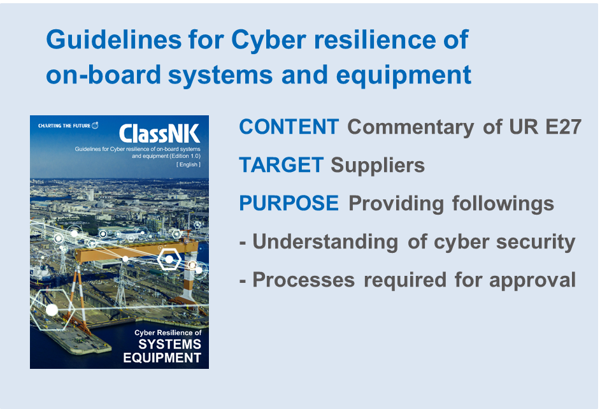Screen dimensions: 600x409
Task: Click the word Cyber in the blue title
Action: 269,40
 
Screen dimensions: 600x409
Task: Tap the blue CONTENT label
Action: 289,127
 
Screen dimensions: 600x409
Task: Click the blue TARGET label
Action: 282,165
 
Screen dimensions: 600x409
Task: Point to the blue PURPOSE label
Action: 289,203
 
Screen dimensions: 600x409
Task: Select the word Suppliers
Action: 378,165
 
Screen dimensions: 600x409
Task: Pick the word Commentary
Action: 411,127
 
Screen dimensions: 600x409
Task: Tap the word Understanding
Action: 325,242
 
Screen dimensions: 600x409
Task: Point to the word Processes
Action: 303,280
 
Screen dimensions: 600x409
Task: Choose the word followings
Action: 503,203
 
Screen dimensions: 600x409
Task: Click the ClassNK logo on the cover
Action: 159,134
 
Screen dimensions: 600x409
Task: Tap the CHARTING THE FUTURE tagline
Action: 64,126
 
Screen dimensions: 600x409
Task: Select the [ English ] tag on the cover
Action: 189,164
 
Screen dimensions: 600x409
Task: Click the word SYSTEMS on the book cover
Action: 169,345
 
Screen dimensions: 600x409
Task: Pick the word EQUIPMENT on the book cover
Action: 162,358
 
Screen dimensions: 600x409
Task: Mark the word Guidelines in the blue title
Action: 113,39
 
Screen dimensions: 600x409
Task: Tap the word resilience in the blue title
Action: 375,39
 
